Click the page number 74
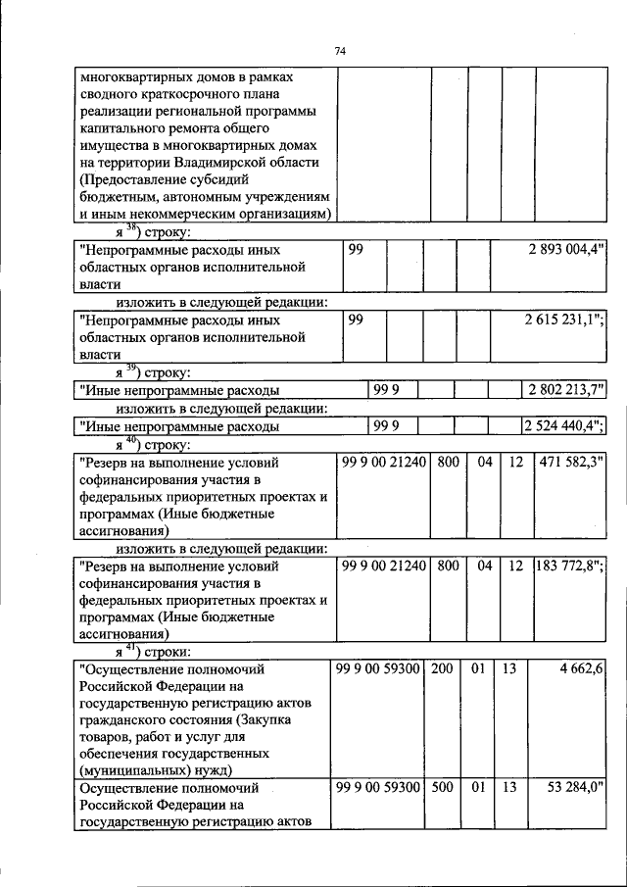(340, 51)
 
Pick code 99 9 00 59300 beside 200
(380, 669)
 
